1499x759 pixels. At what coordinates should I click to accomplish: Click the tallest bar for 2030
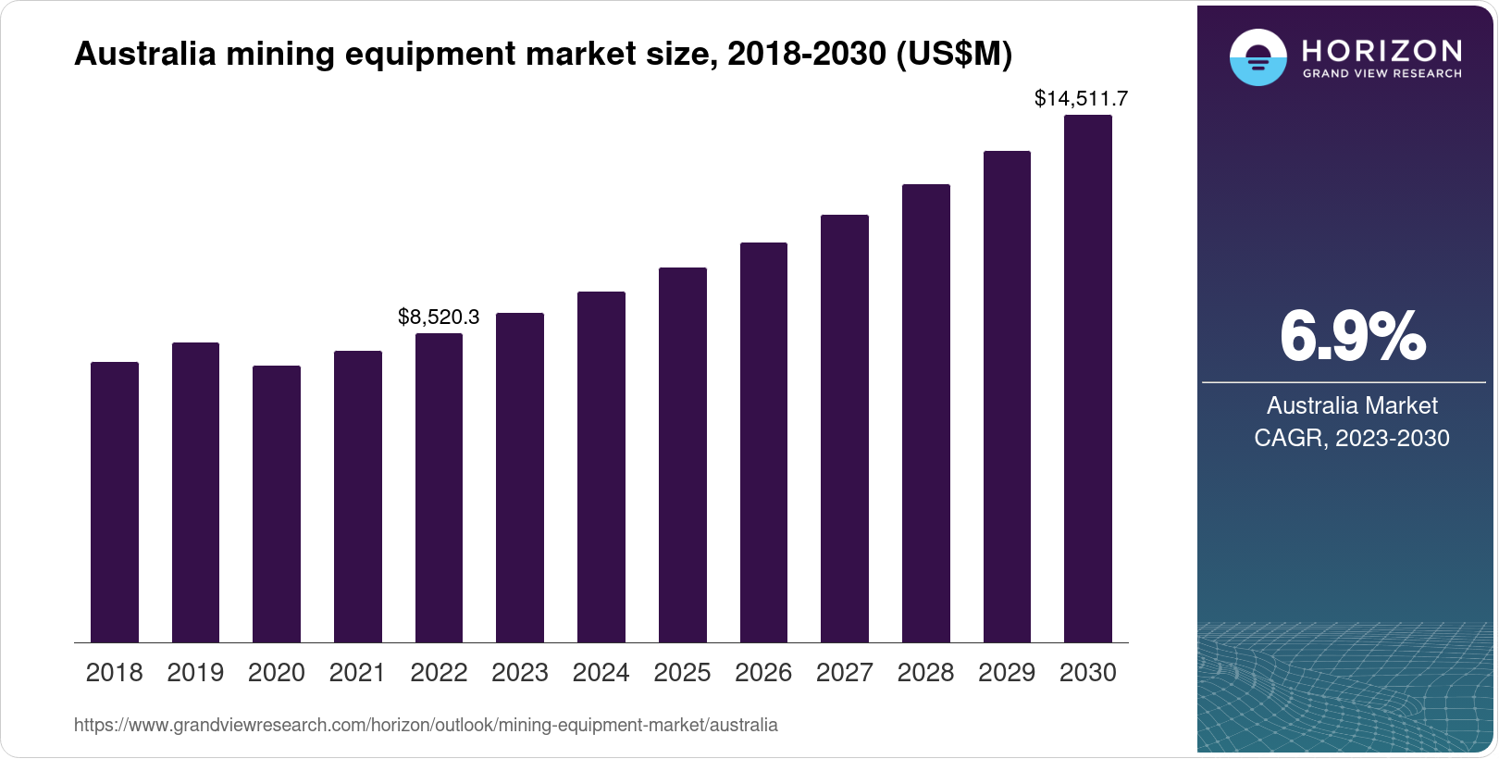click(1088, 379)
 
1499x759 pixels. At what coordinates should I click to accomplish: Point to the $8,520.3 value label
click(439, 317)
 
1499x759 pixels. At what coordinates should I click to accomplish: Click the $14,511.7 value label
click(1081, 98)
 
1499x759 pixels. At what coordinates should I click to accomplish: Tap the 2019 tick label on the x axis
click(195, 673)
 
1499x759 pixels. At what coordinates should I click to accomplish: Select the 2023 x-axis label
click(520, 673)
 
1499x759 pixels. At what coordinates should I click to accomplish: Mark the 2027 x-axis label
click(844, 673)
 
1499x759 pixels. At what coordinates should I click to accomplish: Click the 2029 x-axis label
click(1007, 673)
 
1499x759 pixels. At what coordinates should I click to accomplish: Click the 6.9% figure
click(1352, 337)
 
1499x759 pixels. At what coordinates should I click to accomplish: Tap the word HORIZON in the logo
click(1381, 50)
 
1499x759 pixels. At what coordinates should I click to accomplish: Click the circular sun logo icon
click(1257, 57)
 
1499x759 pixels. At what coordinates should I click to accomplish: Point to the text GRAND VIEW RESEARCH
click(1381, 74)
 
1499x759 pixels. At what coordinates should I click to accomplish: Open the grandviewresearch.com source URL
click(426, 726)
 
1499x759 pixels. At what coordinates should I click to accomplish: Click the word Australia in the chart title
click(145, 55)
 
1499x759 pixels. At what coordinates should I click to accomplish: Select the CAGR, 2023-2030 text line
click(1351, 438)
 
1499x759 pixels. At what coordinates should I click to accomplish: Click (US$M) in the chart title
click(953, 55)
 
